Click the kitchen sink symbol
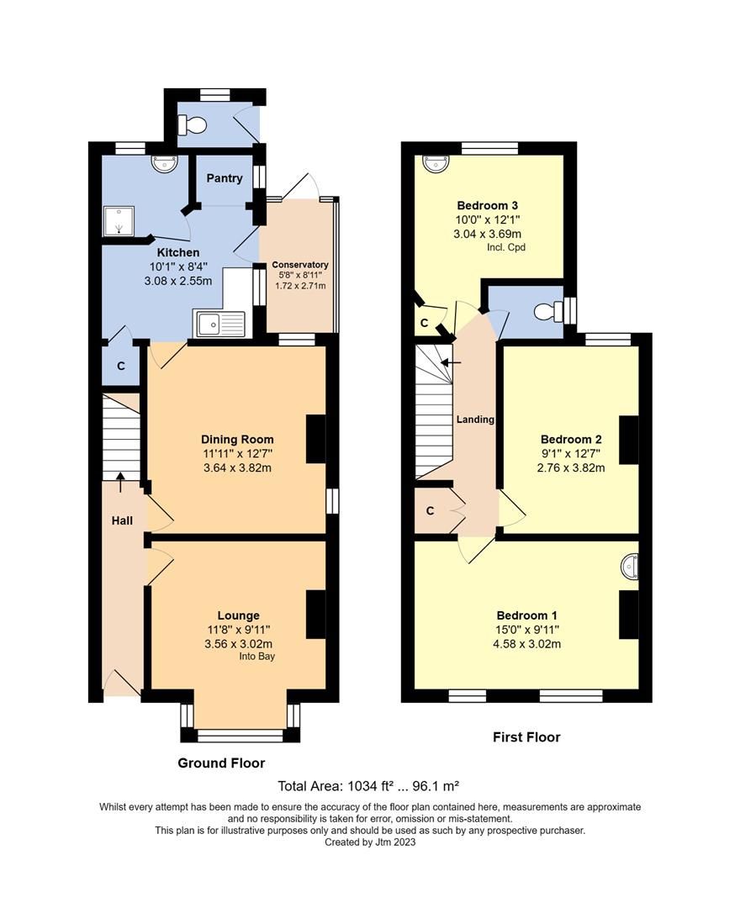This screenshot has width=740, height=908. tap(219, 323)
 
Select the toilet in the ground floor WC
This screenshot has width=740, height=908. tap(194, 125)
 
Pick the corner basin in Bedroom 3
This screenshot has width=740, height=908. tap(434, 163)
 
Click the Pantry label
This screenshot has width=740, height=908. tap(225, 178)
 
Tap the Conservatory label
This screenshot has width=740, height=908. tap(300, 265)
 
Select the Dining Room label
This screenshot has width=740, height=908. tap(237, 439)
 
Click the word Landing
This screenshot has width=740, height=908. tap(475, 420)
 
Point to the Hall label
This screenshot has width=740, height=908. tap(122, 521)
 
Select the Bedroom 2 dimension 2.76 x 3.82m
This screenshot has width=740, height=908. tap(571, 468)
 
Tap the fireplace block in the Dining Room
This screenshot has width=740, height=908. tap(315, 438)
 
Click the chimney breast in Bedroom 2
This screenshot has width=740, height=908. tap(629, 440)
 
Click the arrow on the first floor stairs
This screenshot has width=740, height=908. tap(451, 363)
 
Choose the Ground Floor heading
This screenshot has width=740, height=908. tap(221, 763)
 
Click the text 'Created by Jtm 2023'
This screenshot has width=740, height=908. tap(370, 842)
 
